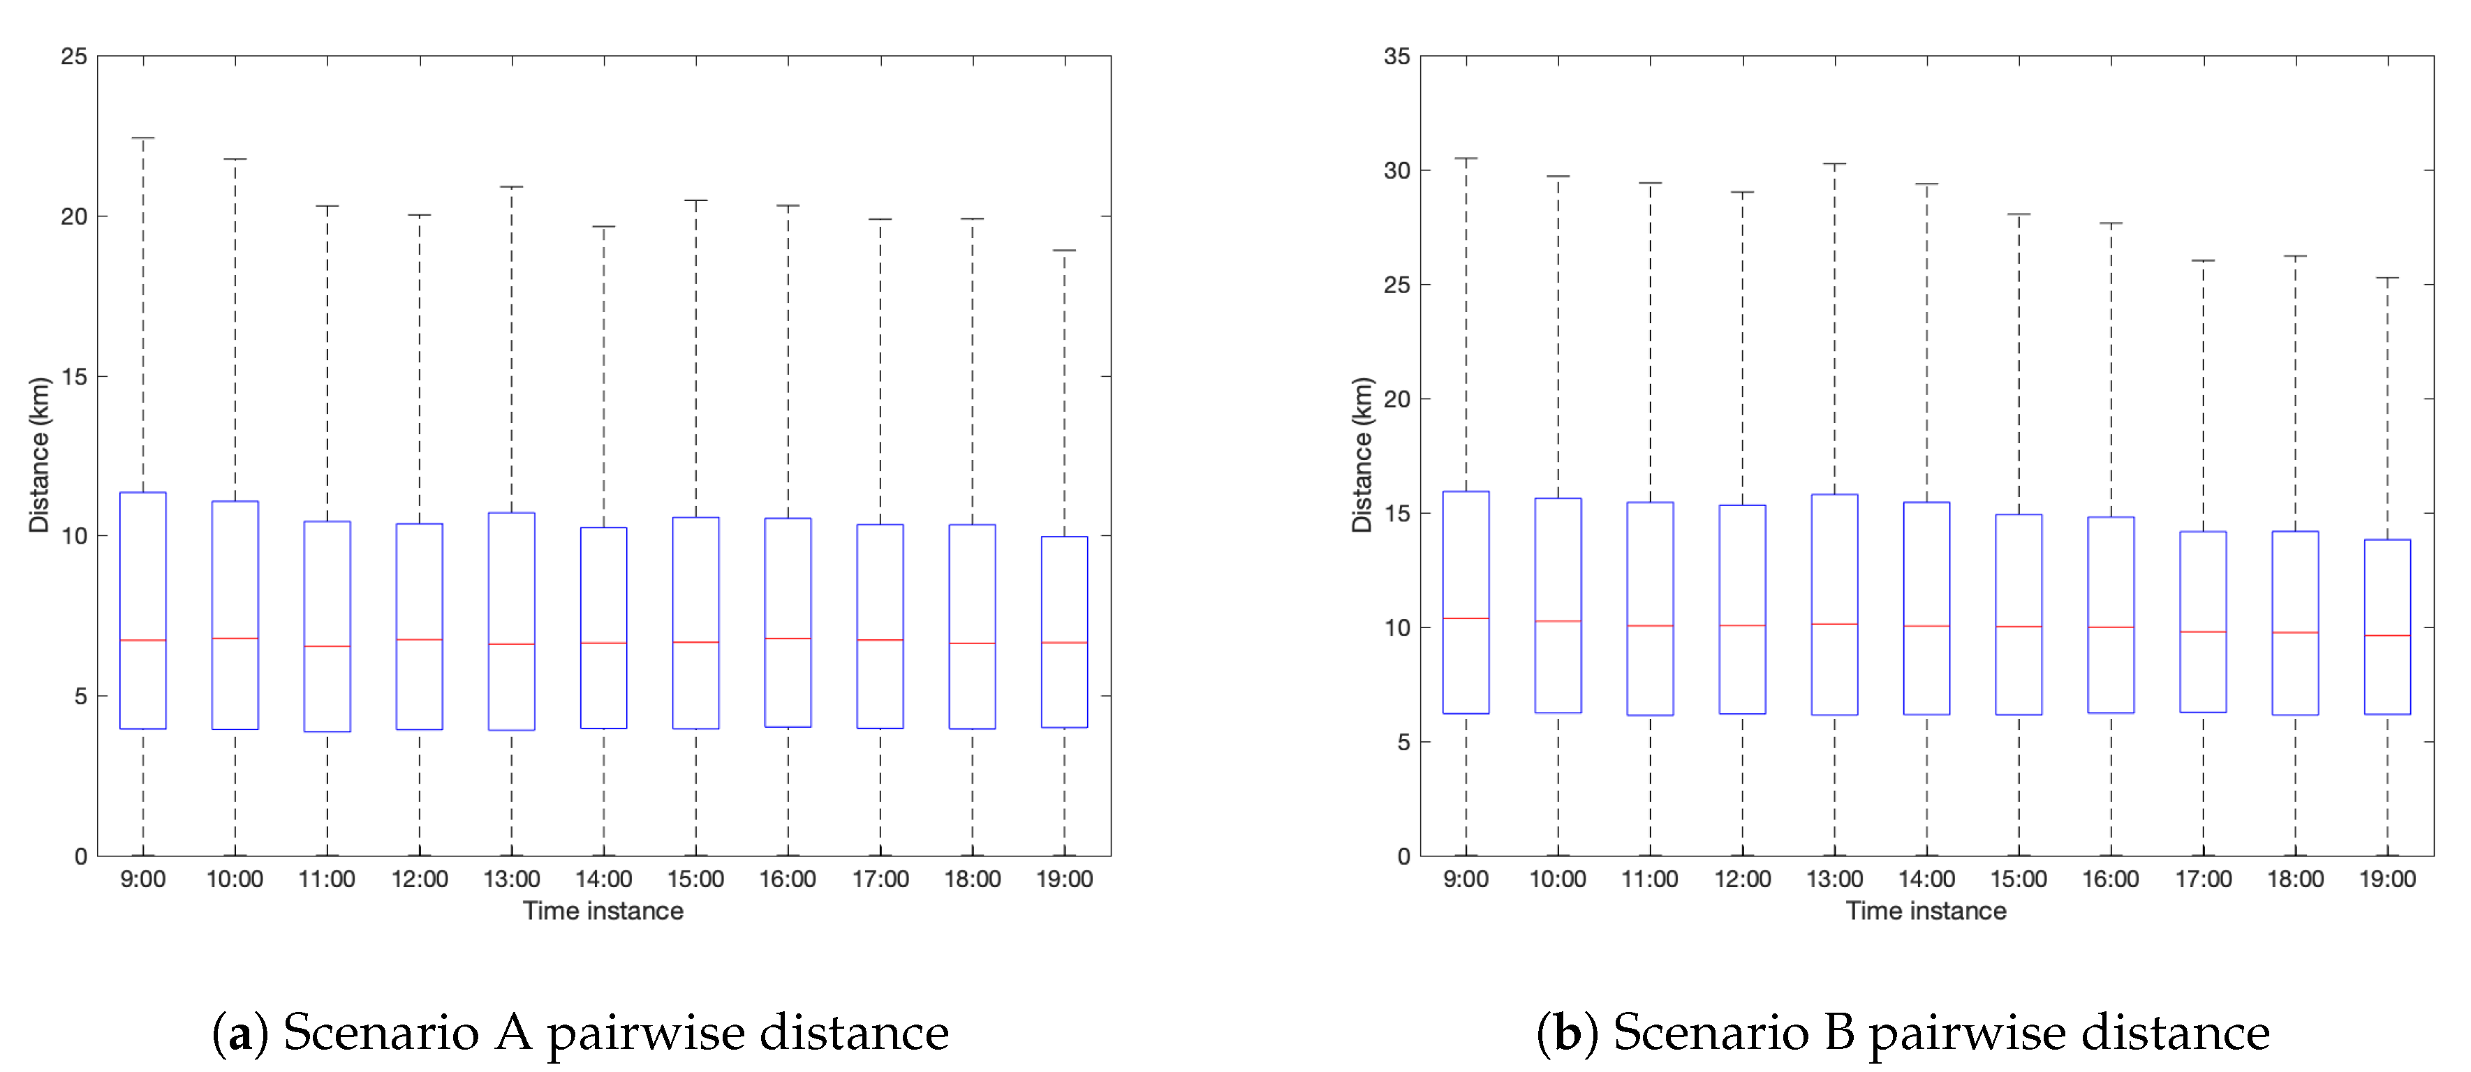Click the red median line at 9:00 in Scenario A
(143, 639)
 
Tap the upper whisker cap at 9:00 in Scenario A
(143, 138)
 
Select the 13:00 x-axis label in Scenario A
(511, 879)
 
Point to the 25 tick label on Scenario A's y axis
(74, 57)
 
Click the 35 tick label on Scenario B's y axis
(1396, 57)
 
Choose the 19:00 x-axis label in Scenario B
(2387, 879)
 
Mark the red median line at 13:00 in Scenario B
(1834, 624)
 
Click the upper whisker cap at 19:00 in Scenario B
(2387, 278)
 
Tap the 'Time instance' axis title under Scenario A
(603, 911)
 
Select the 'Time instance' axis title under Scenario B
(1926, 911)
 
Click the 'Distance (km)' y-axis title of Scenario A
(39, 454)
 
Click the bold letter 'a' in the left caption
(239, 1034)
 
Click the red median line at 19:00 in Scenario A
(1064, 643)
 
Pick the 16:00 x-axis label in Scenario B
(2110, 879)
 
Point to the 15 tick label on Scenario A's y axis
(74, 377)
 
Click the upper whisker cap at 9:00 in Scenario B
(1466, 158)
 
